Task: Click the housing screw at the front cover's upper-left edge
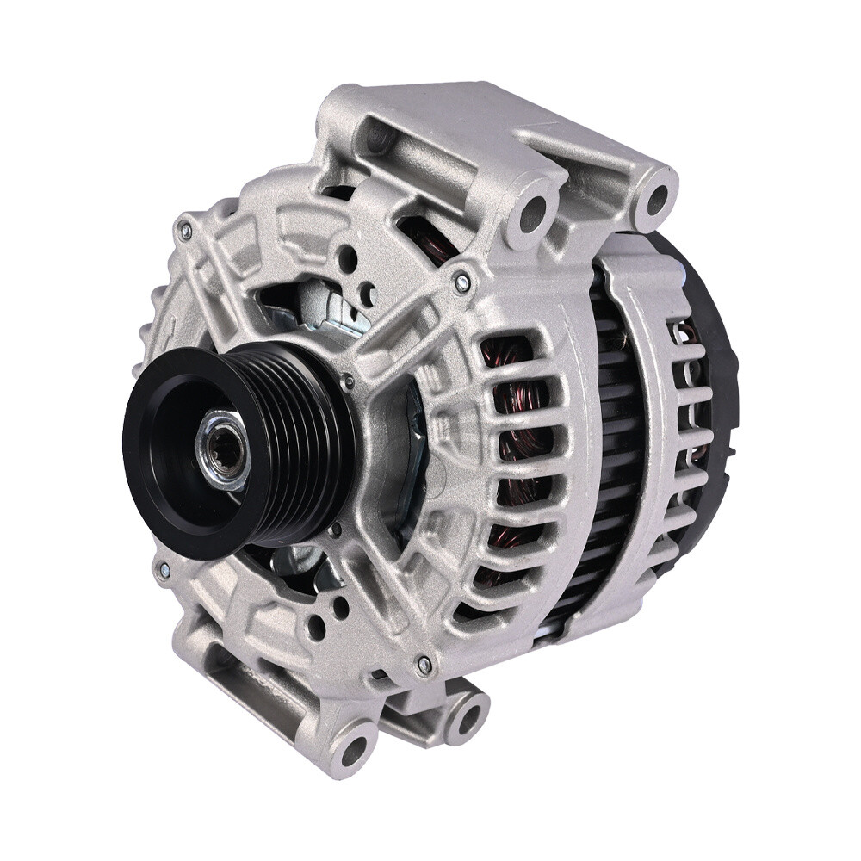point(183,230)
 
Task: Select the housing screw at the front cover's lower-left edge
point(161,569)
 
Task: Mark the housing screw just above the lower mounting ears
point(424,664)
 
